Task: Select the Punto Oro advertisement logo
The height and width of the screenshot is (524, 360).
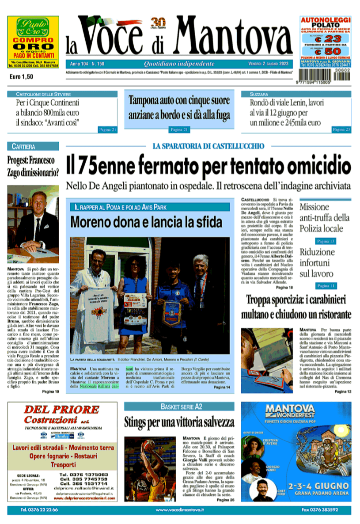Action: [x=33, y=28]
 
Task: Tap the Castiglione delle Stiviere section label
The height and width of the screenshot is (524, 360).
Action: [x=43, y=94]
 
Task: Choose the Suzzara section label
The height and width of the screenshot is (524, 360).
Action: [x=260, y=94]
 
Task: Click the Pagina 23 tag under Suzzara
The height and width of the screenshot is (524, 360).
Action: [x=341, y=129]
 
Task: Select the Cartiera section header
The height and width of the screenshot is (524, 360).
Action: [x=24, y=146]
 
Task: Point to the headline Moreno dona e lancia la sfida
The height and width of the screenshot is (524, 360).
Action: [x=146, y=221]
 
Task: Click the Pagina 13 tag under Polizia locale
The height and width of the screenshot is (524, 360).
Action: [x=326, y=241]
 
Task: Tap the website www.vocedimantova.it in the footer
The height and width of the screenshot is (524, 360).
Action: [x=179, y=510]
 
